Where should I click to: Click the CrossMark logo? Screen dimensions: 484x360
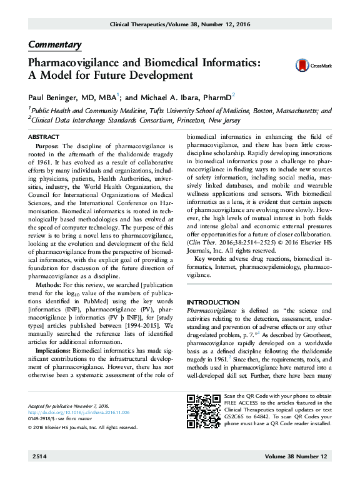point(310,65)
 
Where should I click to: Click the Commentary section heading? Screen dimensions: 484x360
point(55,45)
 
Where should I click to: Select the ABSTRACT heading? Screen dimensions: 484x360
point(44,136)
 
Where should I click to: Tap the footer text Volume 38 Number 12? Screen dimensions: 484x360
point(296,458)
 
